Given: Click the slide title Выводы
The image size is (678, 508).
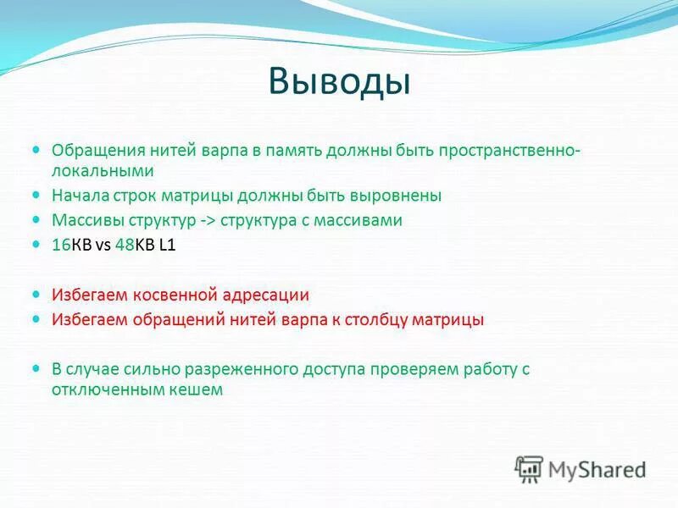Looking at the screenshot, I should (339, 81).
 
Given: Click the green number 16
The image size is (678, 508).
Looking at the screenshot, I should (61, 245).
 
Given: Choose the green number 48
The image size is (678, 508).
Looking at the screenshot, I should (123, 245).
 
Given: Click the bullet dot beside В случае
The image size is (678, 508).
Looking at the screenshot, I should (36, 368).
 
